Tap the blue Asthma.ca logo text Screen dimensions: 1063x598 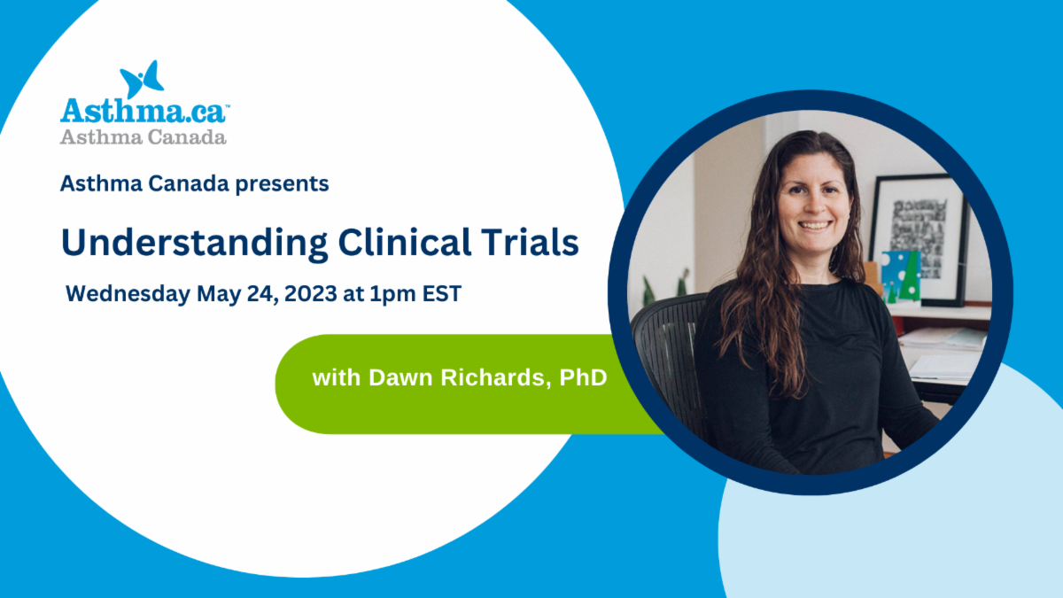(144, 111)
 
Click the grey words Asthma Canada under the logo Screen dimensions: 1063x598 (143, 137)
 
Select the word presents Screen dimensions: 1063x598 (282, 184)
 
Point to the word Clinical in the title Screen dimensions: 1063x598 (405, 242)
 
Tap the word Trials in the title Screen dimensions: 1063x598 (530, 242)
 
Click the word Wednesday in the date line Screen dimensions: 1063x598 (128, 294)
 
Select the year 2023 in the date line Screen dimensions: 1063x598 (311, 293)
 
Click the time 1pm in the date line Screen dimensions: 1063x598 (392, 294)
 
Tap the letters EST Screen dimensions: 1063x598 (442, 293)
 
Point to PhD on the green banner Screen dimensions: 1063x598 (583, 377)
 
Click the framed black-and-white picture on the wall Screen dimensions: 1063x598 (919, 240)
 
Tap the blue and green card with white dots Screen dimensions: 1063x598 (901, 276)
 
